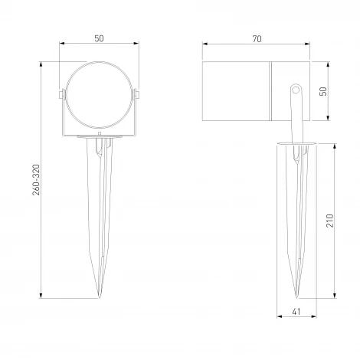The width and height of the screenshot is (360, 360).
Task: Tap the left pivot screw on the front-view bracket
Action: click(x=61, y=96)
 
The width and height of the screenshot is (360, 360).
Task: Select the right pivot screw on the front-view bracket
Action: click(x=138, y=96)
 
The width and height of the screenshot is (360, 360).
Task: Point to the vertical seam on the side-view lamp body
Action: click(x=270, y=93)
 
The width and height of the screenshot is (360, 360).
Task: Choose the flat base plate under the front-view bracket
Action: click(x=100, y=138)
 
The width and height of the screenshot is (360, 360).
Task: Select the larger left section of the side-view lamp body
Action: click(x=237, y=93)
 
